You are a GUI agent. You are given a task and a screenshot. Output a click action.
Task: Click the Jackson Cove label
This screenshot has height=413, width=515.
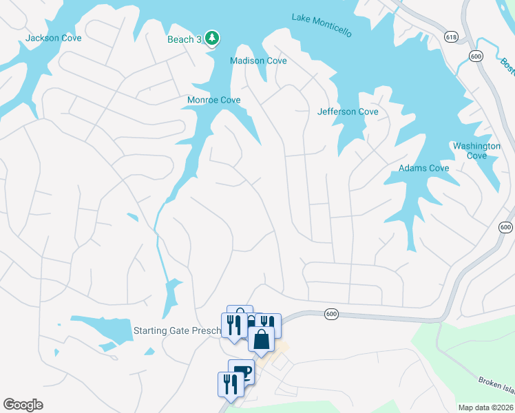point(53,38)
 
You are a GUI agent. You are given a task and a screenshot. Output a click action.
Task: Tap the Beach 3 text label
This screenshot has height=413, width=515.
point(185,39)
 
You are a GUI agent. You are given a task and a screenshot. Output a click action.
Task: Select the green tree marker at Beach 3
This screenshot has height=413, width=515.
point(213,38)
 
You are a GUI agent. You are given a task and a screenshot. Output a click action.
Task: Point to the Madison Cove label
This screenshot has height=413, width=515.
point(258,61)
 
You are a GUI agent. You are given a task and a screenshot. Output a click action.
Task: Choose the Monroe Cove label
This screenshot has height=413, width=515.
point(214,100)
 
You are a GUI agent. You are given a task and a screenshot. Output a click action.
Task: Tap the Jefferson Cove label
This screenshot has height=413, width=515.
point(348,112)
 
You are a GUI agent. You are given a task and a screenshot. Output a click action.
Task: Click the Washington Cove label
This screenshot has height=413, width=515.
point(476,151)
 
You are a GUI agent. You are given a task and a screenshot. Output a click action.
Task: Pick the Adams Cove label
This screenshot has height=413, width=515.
point(424,168)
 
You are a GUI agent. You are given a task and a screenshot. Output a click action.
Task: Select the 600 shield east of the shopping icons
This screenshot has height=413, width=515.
point(331,314)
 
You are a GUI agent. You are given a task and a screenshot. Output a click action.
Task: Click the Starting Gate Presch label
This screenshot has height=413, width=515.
point(178,330)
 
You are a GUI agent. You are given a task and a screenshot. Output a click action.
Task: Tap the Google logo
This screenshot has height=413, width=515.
point(23,405)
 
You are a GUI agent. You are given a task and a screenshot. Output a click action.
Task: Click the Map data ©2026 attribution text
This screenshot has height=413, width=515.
point(485,407)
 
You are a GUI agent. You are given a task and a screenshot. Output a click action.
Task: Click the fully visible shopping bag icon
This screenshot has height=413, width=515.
point(262,339)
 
